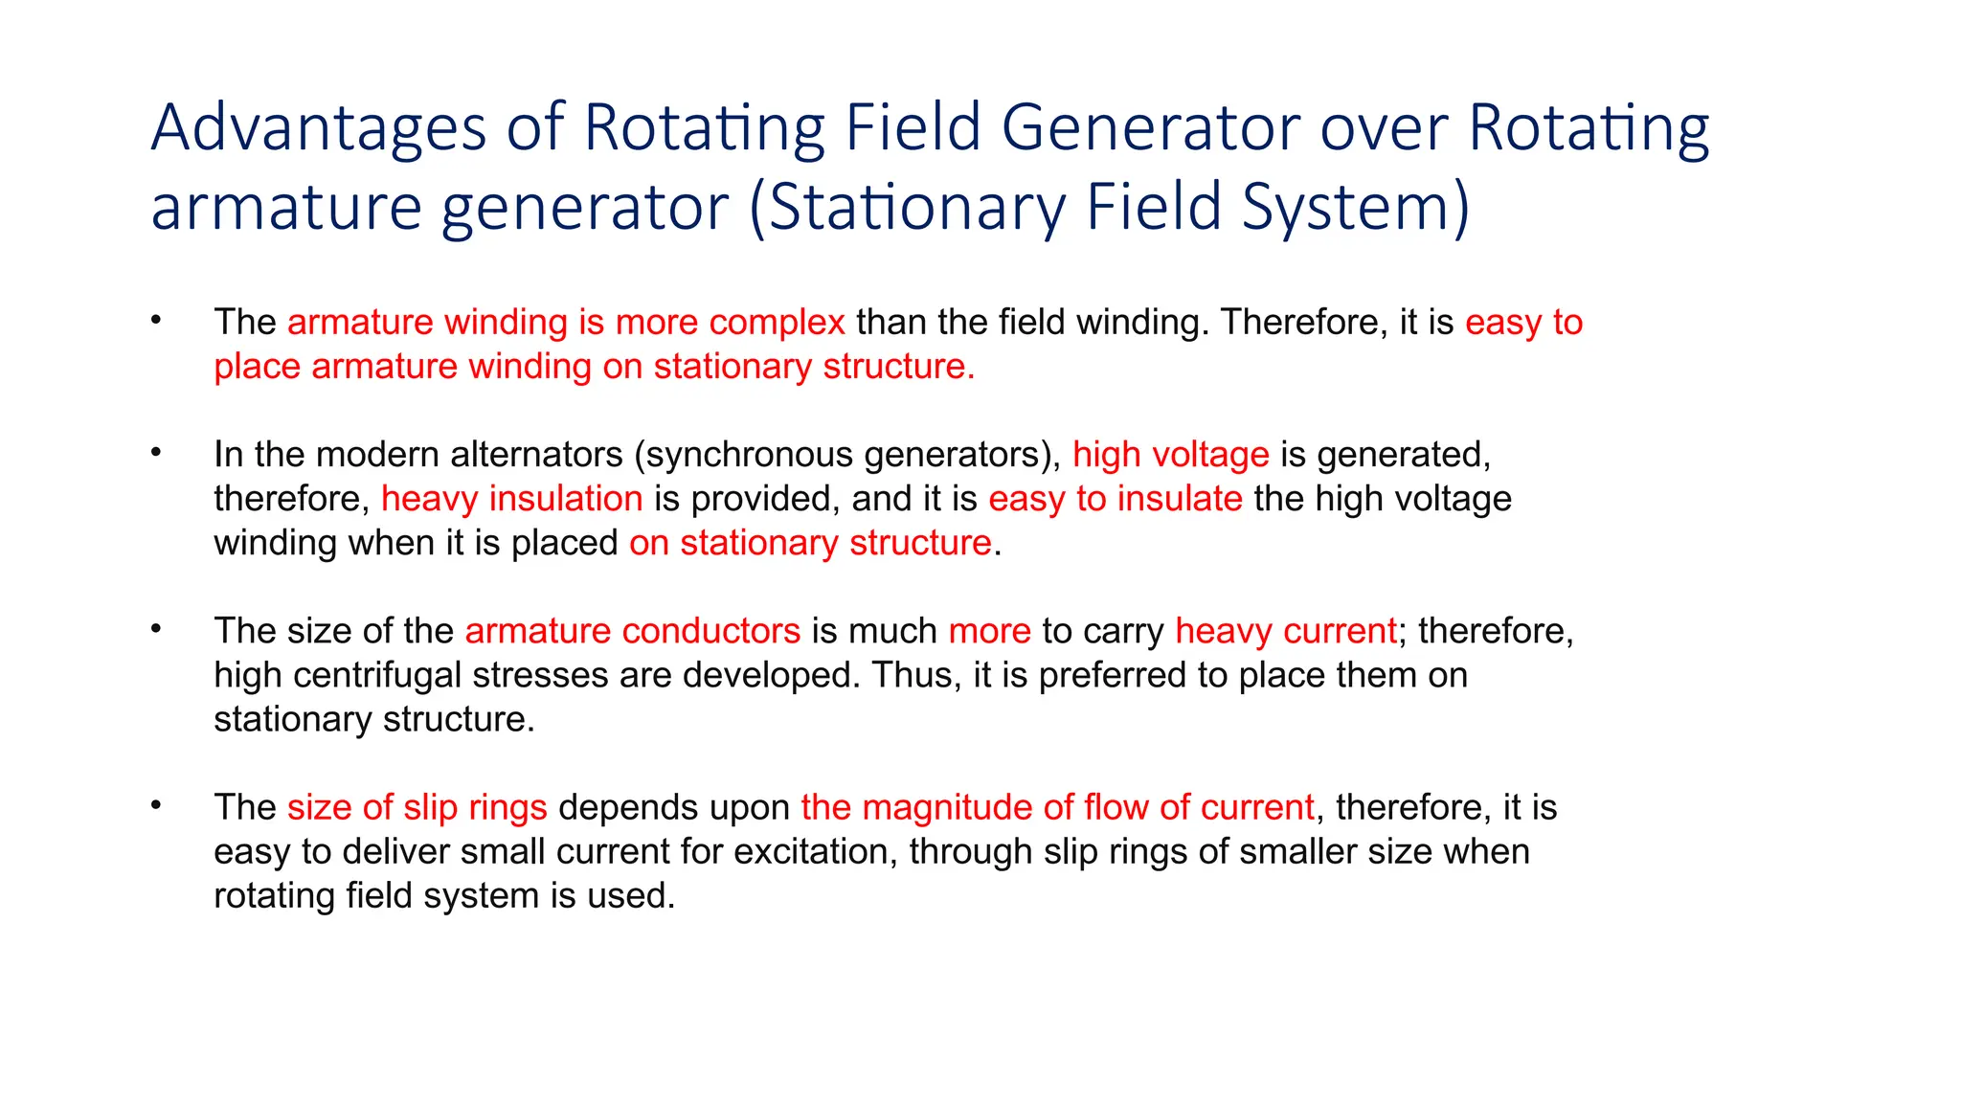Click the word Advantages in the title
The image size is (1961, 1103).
319,128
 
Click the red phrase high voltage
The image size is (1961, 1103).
1170,455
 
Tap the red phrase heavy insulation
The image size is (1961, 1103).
511,499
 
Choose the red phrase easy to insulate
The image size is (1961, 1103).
1116,499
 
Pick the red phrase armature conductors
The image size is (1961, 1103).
632,631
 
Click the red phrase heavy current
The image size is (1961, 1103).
1285,631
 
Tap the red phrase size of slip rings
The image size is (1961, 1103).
417,807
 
